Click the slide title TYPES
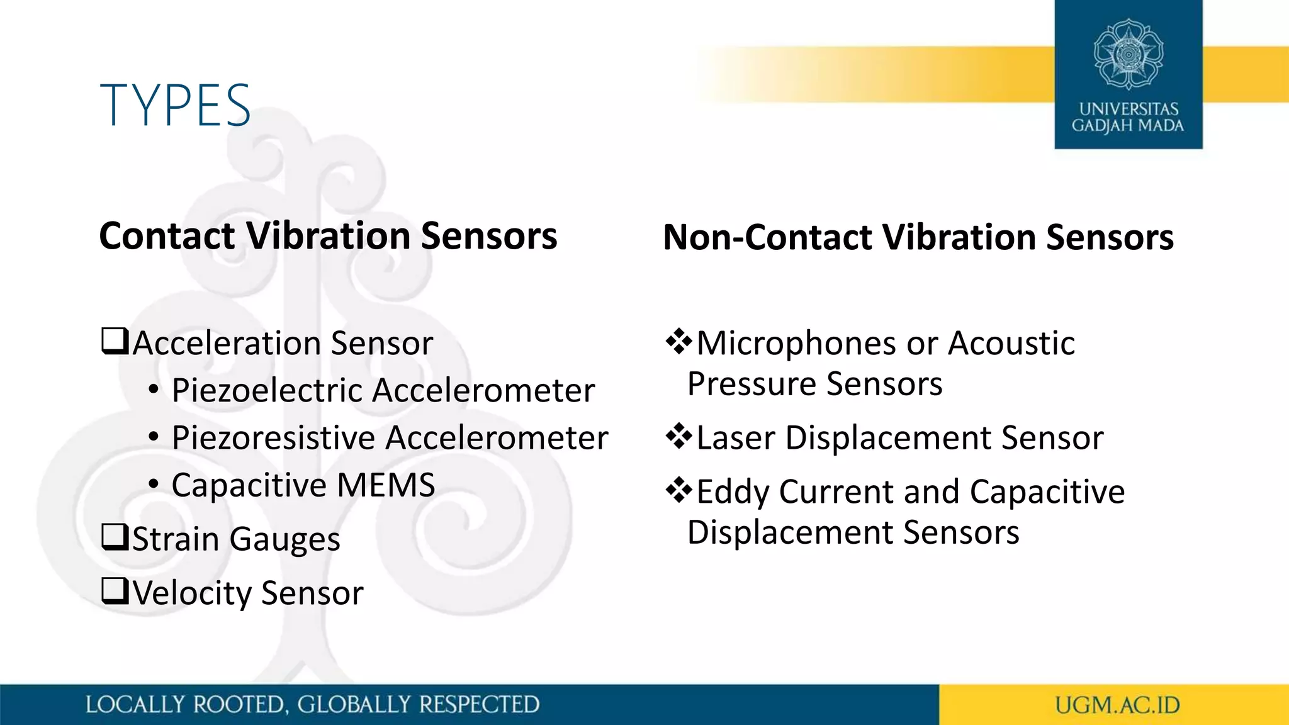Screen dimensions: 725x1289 pyautogui.click(x=176, y=106)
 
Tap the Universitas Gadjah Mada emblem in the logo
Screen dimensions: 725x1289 pyautogui.click(x=1129, y=54)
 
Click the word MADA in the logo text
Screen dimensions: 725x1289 pyautogui.click(x=1161, y=126)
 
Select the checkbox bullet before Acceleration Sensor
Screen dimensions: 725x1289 pyautogui.click(x=115, y=342)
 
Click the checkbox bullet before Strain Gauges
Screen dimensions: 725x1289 pyautogui.click(x=115, y=537)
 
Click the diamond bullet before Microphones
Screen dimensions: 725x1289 pyautogui.click(x=678, y=342)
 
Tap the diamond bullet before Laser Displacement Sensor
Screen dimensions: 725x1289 pyautogui.click(x=678, y=436)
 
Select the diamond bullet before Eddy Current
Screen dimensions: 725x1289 pyautogui.click(x=678, y=490)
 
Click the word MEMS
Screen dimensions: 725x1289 pyautogui.click(x=386, y=485)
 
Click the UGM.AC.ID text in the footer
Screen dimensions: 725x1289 pyautogui.click(x=1117, y=705)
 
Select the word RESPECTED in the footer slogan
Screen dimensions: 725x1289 pyautogui.click(x=479, y=705)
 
